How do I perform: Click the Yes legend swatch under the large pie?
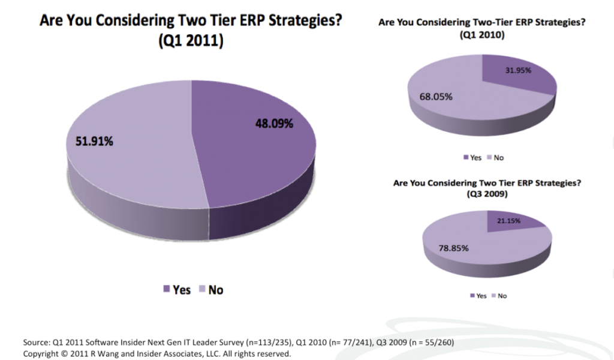pyautogui.click(x=166, y=290)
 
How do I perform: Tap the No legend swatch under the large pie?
pyautogui.click(x=201, y=290)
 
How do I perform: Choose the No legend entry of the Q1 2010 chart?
pyautogui.click(x=497, y=158)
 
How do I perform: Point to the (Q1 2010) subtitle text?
pyautogui.click(x=482, y=35)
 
